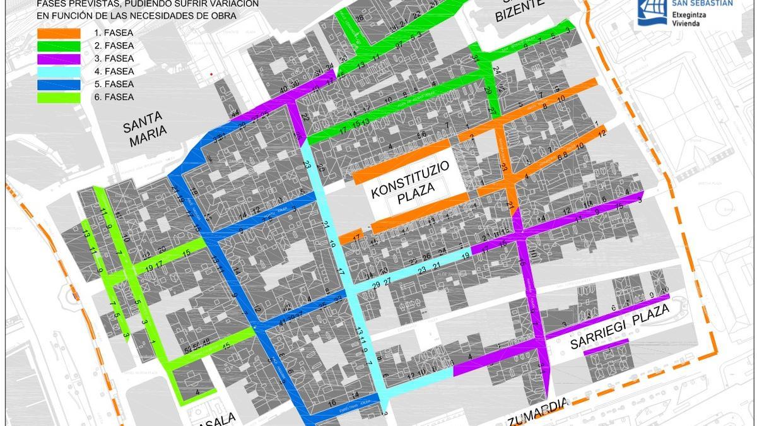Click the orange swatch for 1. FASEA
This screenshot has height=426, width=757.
pos(59,32)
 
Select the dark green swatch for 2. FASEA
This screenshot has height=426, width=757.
pos(59,45)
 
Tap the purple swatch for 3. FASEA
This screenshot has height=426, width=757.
pos(59,58)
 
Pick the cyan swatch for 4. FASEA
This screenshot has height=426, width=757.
pos(59,71)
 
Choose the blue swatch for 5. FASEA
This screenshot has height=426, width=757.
pos(59,84)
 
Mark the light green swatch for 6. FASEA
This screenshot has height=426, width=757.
pos(59,97)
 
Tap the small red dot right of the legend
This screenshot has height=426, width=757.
pos(211,74)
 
